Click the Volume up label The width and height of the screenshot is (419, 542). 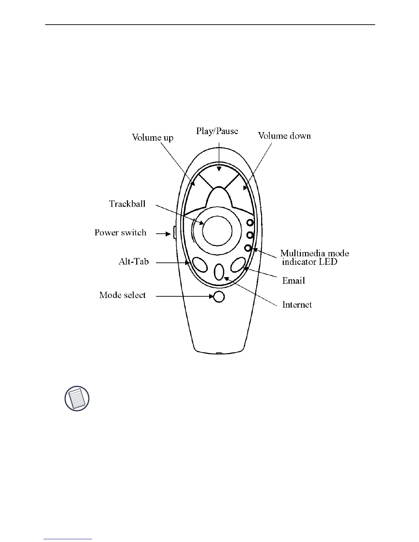point(153,138)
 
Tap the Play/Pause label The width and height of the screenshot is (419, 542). point(217,131)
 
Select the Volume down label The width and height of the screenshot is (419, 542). point(284,136)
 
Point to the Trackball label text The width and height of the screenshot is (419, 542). point(127,204)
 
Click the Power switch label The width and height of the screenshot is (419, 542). point(120,233)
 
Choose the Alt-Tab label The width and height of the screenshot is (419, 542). point(134,262)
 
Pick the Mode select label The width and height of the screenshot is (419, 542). point(123,295)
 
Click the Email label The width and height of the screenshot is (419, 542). point(293,281)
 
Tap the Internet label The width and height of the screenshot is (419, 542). point(297,305)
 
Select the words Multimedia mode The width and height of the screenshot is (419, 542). point(315,254)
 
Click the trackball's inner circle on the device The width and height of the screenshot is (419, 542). point(217,231)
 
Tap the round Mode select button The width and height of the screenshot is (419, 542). point(219,297)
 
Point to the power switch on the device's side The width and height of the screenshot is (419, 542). point(174,233)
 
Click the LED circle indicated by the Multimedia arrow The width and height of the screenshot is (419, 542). point(249,248)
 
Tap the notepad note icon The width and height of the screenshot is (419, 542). point(77,399)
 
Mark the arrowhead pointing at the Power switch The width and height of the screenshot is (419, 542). point(168,234)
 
